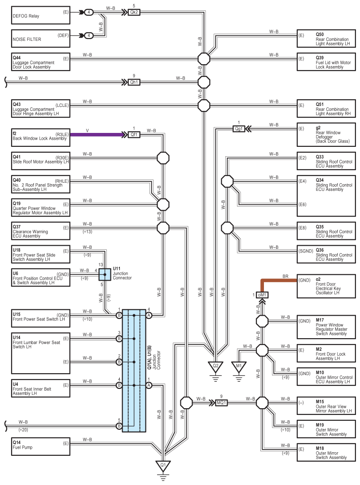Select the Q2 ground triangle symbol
tap(215, 367)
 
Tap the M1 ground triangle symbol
tap(239, 367)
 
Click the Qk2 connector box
tap(134, 13)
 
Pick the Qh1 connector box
tap(134, 82)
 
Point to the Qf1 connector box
tap(134, 135)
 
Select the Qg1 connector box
tap(239, 129)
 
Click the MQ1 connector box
tap(221, 403)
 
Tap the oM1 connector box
tap(262, 295)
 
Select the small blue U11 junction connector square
tap(105, 274)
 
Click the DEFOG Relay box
tap(41, 15)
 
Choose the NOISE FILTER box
tap(41, 38)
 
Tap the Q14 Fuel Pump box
tap(41, 446)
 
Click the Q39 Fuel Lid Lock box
tap(326, 62)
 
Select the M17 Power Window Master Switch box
tap(326, 327)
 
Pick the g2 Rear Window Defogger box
tap(326, 135)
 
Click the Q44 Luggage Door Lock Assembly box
tap(41, 62)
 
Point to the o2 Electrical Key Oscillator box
tap(326, 286)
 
